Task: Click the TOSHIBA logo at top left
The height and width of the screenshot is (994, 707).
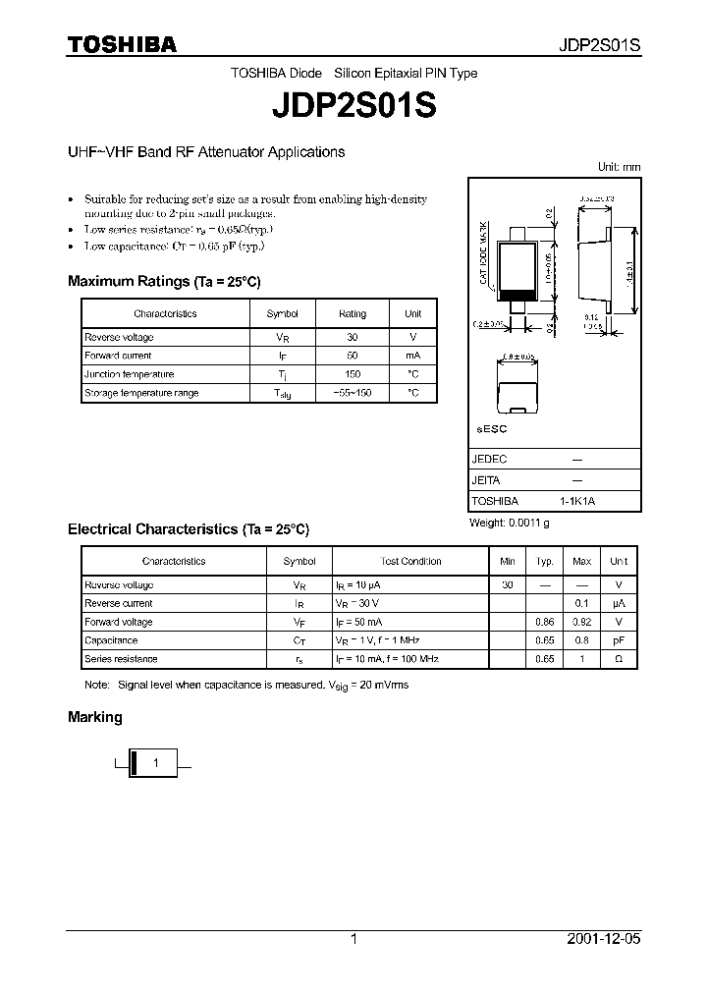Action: click(122, 44)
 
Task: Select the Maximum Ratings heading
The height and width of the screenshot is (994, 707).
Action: click(164, 281)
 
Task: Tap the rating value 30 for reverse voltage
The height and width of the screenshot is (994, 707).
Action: click(353, 337)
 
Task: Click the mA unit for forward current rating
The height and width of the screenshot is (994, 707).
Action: click(412, 356)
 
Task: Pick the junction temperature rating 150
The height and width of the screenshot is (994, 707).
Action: click(353, 374)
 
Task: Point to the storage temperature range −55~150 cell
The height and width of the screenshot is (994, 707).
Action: click(353, 393)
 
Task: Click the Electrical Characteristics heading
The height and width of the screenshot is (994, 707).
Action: click(189, 528)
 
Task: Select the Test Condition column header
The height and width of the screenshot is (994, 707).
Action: click(410, 561)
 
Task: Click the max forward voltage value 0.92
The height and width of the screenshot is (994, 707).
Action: click(581, 622)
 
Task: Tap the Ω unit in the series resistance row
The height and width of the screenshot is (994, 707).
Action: click(618, 659)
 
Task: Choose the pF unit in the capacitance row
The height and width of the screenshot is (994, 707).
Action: click(618, 640)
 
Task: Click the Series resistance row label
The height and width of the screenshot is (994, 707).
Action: click(121, 659)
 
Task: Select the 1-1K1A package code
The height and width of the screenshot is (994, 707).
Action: click(577, 501)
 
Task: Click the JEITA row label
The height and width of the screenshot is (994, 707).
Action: click(486, 480)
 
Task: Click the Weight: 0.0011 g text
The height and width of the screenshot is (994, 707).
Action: click(510, 523)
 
